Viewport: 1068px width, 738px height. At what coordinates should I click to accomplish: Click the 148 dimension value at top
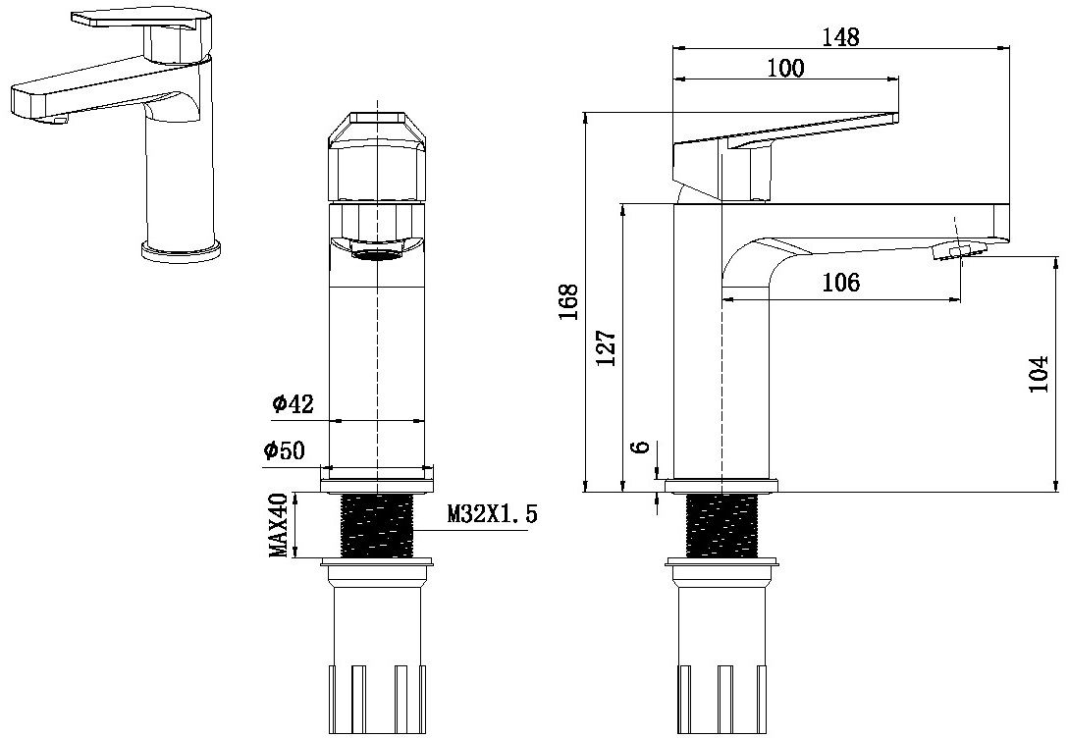coord(840,36)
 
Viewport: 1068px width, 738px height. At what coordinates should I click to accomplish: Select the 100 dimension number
coord(785,68)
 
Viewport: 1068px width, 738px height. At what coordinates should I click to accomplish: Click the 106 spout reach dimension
coord(840,283)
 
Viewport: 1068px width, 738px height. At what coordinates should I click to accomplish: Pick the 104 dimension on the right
coord(1040,373)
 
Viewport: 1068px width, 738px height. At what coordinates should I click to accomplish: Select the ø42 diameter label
coord(292,403)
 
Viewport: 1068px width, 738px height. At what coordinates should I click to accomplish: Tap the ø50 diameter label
coord(284,450)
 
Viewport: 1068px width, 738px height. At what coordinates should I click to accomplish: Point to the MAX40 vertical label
coord(281,525)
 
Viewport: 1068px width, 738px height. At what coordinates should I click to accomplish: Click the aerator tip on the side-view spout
coord(956,251)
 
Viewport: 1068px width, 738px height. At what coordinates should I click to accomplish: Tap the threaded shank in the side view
coord(722,525)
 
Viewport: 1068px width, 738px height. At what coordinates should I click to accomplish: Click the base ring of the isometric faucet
coord(182,251)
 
